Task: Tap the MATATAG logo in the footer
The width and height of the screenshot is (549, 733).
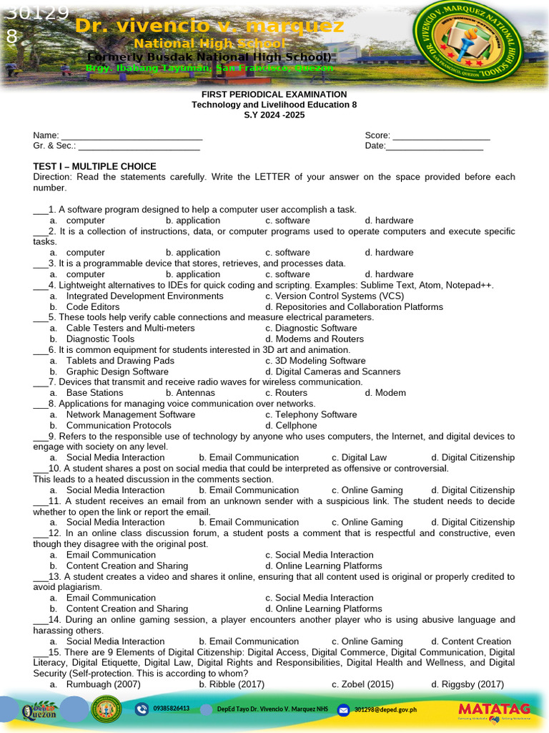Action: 494,709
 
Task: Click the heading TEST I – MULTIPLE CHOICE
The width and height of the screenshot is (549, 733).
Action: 94,167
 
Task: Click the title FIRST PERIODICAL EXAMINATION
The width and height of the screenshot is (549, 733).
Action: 274,94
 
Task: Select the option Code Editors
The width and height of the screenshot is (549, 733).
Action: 93,307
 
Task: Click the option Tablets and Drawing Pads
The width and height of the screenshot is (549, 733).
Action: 120,361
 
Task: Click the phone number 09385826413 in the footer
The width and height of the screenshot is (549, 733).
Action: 172,709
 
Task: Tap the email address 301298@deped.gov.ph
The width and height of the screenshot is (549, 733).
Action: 385,709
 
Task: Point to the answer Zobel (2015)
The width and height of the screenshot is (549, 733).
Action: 368,684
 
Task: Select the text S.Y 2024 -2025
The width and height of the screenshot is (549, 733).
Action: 274,115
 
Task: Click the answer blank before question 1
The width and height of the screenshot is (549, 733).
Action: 40,210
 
